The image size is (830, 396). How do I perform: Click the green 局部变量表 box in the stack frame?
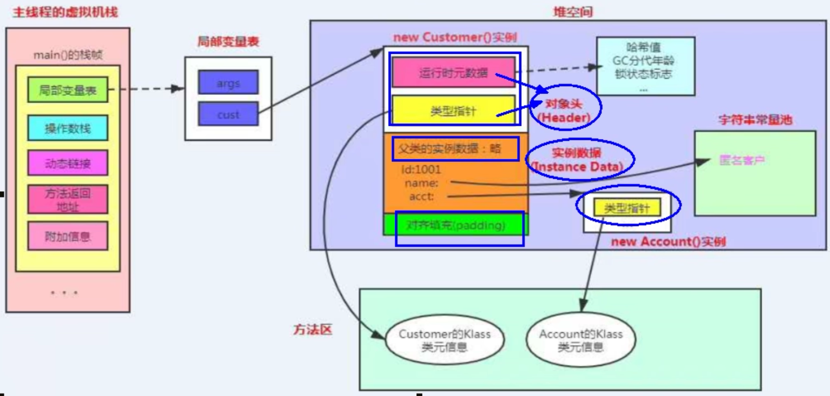click(x=67, y=90)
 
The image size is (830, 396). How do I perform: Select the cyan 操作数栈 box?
click(x=67, y=128)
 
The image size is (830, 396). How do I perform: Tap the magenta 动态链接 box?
click(x=67, y=163)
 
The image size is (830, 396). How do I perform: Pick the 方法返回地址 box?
click(x=67, y=200)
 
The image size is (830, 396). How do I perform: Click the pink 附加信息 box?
click(x=67, y=237)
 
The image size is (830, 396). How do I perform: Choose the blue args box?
click(x=228, y=83)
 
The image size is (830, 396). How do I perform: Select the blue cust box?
click(x=228, y=114)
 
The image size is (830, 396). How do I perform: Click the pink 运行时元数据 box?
click(x=453, y=72)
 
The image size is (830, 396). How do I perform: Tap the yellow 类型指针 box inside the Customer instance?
click(x=453, y=110)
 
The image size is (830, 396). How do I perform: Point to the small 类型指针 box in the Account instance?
click(x=627, y=208)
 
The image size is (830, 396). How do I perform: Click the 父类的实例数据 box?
click(x=454, y=148)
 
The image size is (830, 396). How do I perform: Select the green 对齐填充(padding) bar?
click(x=455, y=225)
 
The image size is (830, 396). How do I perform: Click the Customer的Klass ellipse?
click(x=445, y=340)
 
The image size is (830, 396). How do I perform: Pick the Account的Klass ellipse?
click(x=580, y=340)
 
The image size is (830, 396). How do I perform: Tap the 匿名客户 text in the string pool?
click(x=741, y=160)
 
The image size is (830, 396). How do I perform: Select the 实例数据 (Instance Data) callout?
click(x=578, y=160)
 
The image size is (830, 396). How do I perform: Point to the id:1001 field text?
click(x=421, y=170)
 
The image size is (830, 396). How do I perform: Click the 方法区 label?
click(x=312, y=329)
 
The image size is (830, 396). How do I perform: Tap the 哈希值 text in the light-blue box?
click(x=643, y=47)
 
